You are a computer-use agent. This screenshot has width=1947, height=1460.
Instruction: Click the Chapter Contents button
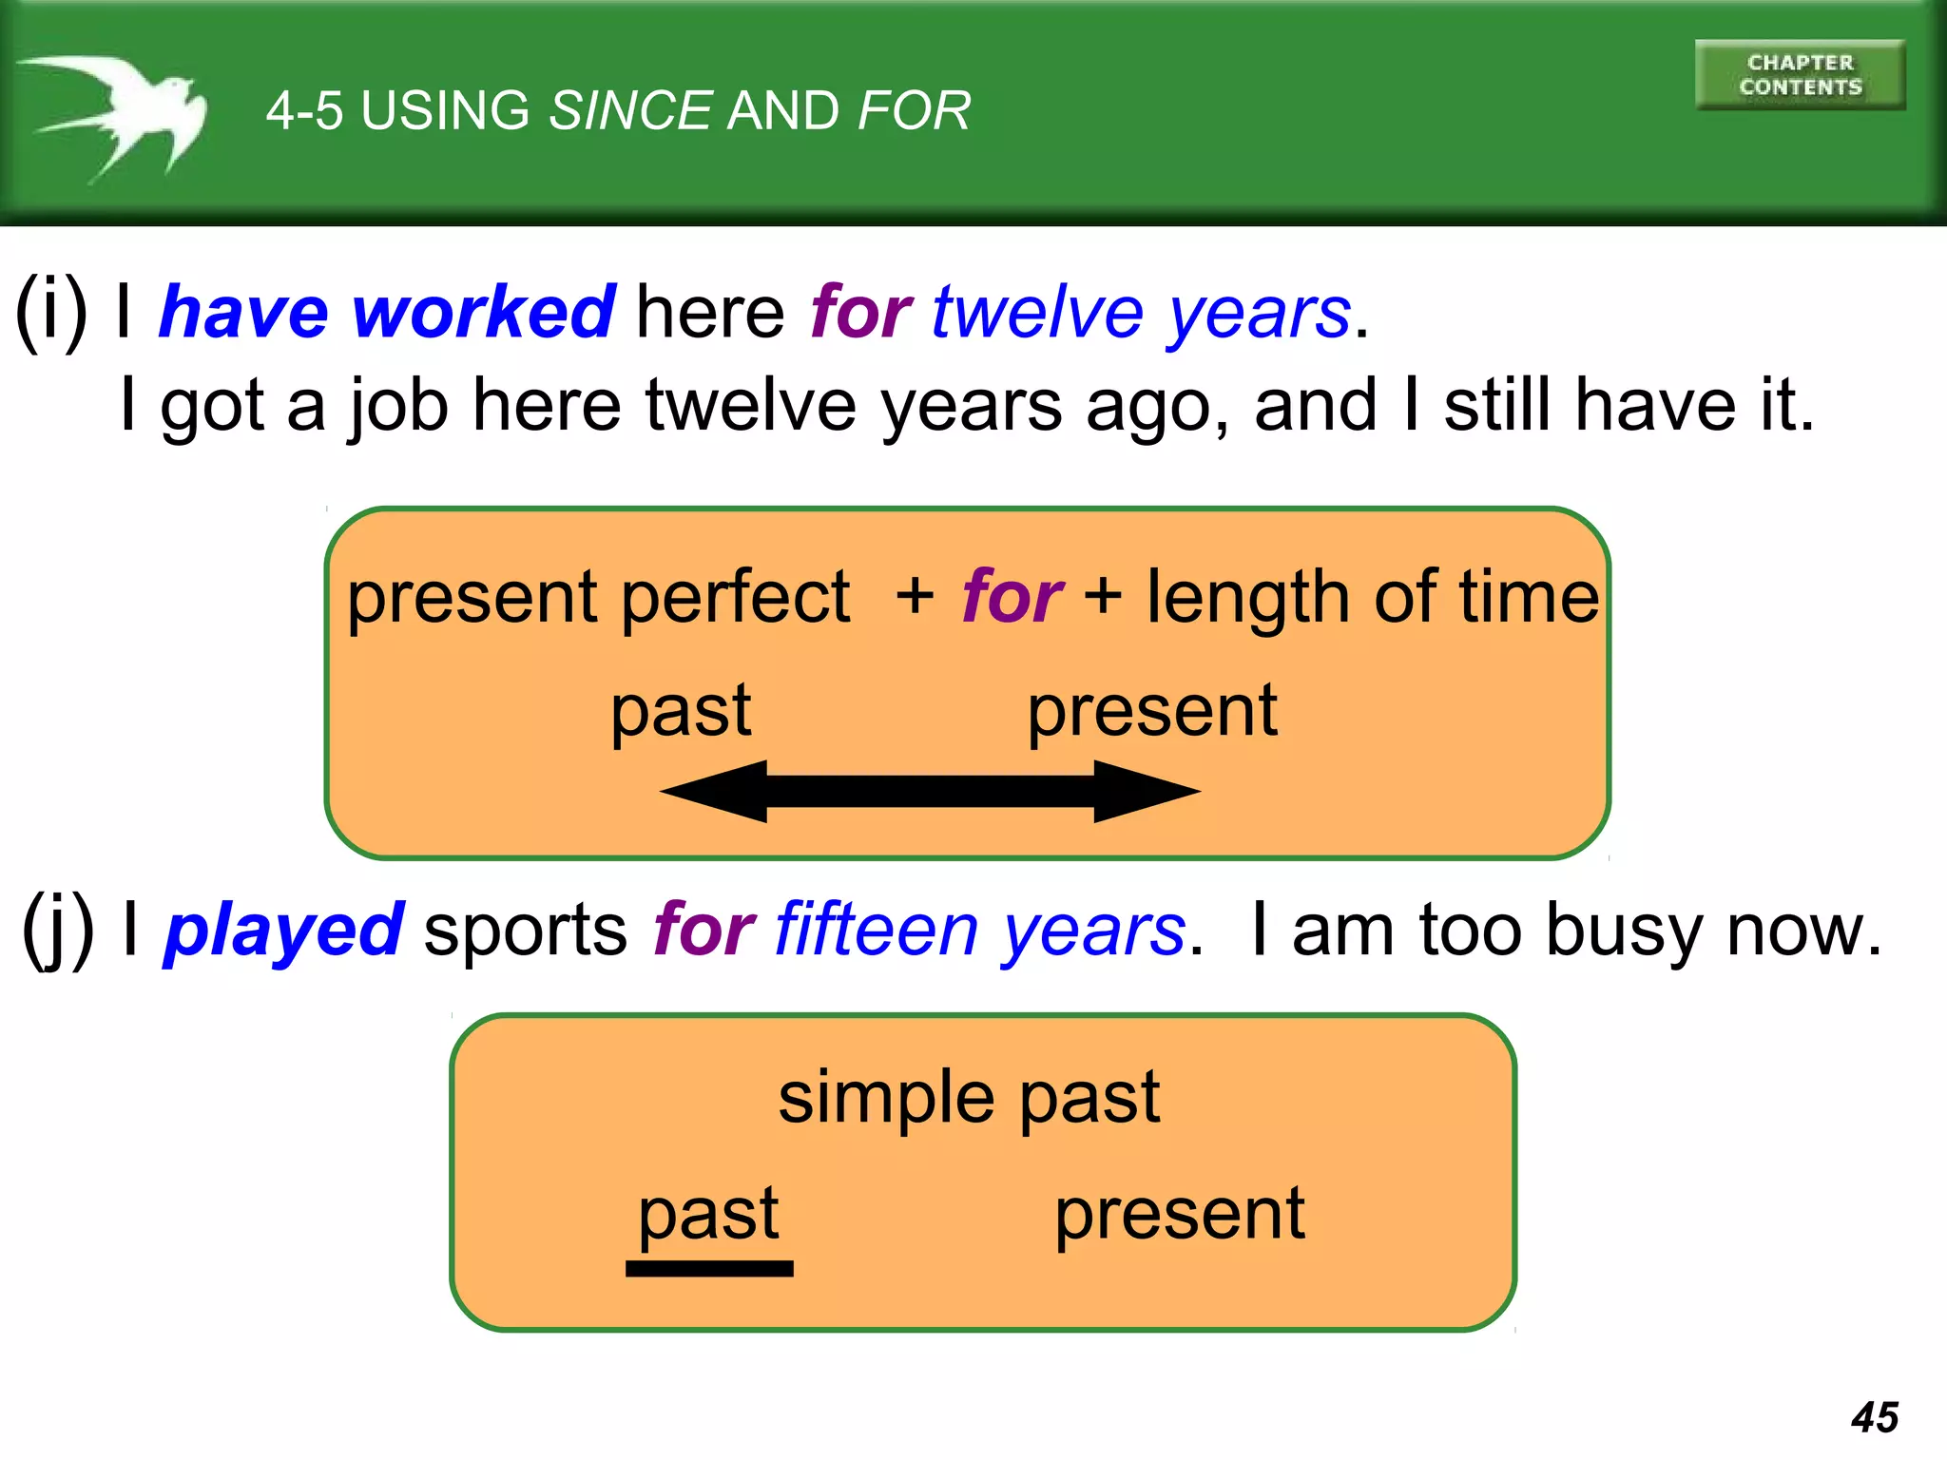pos(1800,75)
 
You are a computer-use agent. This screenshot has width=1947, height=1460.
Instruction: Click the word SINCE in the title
pos(630,110)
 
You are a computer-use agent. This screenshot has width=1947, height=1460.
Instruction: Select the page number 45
pos(1874,1417)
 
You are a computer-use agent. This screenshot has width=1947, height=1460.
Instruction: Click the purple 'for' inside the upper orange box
pos(1011,597)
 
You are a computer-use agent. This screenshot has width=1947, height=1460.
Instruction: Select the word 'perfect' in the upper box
pos(735,597)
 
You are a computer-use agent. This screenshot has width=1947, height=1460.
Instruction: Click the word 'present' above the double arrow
pos(1152,711)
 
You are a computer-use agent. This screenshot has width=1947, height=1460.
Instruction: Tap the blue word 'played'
pos(284,930)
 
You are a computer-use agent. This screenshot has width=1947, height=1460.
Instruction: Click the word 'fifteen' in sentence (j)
pos(876,930)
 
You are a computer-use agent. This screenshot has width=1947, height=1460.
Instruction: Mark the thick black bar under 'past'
pos(709,1269)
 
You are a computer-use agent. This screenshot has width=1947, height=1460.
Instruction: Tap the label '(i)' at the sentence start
pos(51,312)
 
